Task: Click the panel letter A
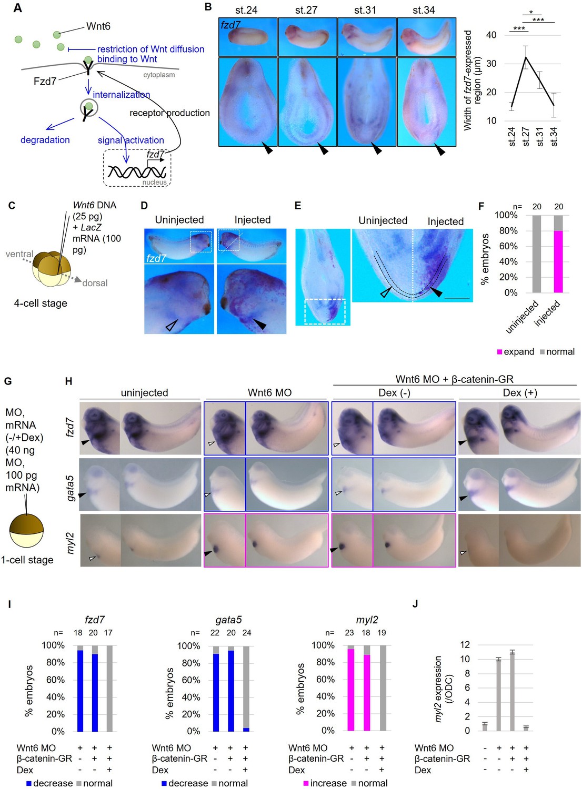[x=17, y=8]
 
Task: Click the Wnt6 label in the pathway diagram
[x=98, y=26]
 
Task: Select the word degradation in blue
[x=45, y=140]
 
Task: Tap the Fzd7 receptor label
[x=45, y=81]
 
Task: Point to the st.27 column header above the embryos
[x=306, y=10]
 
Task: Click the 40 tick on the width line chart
[x=491, y=35]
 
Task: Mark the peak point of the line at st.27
[x=525, y=57]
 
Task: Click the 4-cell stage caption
[x=41, y=303]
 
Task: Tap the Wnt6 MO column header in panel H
[x=269, y=392]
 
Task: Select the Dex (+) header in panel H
[x=520, y=392]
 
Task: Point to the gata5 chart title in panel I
[x=228, y=620]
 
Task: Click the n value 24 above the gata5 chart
[x=247, y=633]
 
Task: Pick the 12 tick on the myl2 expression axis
[x=465, y=645]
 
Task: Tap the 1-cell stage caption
[x=27, y=560]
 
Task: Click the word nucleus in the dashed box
[x=154, y=183]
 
